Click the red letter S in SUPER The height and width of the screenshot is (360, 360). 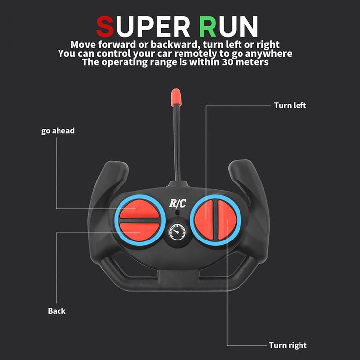(x=105, y=26)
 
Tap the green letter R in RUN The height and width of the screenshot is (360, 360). (x=208, y=26)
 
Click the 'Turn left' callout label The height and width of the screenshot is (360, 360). (x=290, y=105)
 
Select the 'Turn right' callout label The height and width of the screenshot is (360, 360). (x=288, y=345)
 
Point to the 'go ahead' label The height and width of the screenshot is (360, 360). (x=58, y=131)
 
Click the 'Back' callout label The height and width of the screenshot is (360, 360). (x=57, y=311)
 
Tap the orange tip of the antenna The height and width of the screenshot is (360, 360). (x=176, y=97)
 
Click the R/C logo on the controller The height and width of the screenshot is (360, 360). (x=178, y=203)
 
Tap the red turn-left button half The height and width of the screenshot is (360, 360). (x=204, y=220)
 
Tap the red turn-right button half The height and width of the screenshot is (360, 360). (x=227, y=220)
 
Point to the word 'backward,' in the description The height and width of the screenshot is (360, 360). (x=175, y=44)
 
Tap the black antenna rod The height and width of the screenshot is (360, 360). (x=177, y=143)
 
